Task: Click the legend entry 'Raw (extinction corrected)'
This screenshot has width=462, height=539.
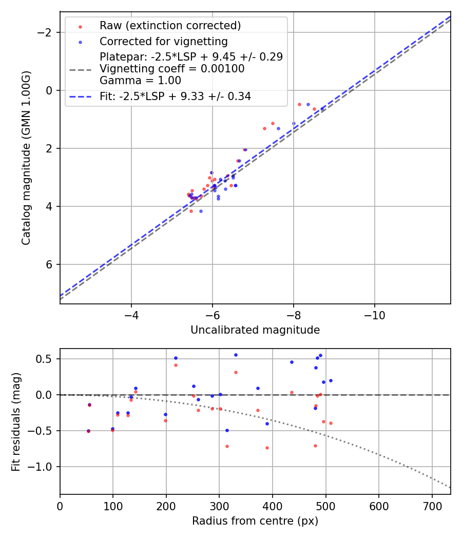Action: point(170,26)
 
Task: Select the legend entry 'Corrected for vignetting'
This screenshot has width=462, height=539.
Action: point(163,41)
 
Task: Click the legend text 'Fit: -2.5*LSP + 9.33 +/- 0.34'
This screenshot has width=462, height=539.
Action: point(175,96)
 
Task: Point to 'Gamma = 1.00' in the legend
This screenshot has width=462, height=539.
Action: point(140,80)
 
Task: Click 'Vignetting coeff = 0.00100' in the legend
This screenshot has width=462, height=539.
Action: point(172,68)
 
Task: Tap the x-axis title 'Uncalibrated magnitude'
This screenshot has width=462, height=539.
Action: point(255,330)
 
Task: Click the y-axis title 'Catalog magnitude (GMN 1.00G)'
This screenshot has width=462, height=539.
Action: point(26,158)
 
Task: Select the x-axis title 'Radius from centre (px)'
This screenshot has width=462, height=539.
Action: point(255,521)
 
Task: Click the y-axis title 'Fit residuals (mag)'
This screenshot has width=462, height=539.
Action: point(16,421)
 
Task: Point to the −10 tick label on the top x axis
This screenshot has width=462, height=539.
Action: point(374,314)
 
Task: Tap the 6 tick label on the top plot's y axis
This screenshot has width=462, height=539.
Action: point(50,264)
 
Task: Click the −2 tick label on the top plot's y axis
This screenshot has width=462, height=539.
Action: point(47,32)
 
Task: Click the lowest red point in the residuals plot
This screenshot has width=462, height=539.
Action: point(267,448)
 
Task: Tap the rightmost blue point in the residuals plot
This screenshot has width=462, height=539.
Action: point(331,380)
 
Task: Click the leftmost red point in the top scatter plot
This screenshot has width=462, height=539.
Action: point(188,195)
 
